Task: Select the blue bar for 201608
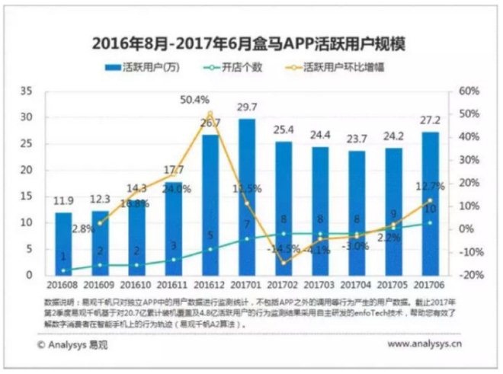(x=63, y=244)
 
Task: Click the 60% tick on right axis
(x=469, y=91)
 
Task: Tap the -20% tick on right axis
(x=469, y=275)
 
